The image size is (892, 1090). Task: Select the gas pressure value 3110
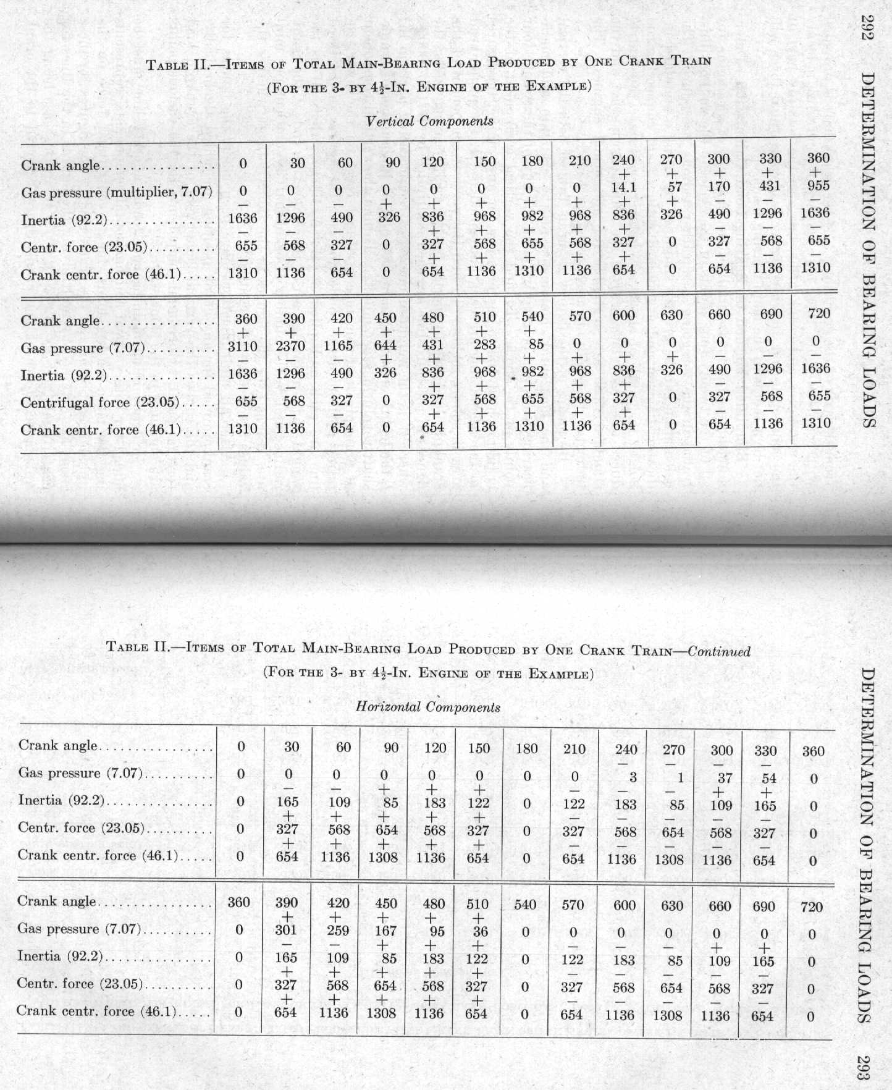[243, 347]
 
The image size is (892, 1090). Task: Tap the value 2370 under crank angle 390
[290, 346]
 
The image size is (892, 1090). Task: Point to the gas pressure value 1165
[338, 345]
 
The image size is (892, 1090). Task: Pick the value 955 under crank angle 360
[818, 185]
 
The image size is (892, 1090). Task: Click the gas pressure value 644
[386, 345]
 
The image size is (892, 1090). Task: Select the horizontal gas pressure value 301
[286, 930]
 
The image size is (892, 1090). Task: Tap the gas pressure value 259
[338, 931]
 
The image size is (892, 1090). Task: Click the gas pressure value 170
[719, 187]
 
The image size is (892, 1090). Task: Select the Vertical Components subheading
[429, 121]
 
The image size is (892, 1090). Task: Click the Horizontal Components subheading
[428, 707]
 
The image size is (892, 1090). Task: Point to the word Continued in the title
[719, 651]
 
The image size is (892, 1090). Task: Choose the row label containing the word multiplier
[117, 193]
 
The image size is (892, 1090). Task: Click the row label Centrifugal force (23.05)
[99, 403]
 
